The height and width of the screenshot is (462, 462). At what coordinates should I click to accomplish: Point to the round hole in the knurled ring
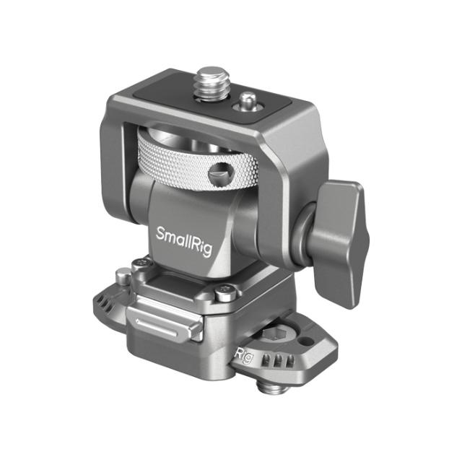click(217, 174)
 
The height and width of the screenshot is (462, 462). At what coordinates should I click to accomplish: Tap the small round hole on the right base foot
click(308, 339)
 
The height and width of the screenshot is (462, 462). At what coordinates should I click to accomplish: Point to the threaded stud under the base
click(274, 390)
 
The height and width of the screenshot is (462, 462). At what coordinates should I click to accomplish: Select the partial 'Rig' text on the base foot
click(244, 354)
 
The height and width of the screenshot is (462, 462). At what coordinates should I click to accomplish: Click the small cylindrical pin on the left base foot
click(124, 276)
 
